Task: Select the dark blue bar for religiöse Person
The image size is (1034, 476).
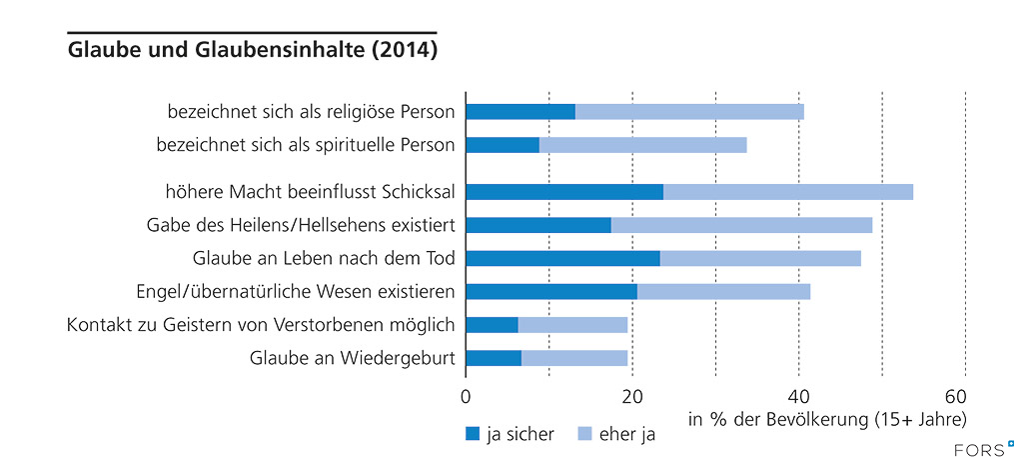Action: click(520, 111)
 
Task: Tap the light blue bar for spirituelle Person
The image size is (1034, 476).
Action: click(642, 145)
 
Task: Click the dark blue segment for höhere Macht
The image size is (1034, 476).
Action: click(564, 192)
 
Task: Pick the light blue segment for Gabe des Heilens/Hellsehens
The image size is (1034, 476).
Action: click(741, 225)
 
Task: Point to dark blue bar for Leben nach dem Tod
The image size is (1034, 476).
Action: click(562, 258)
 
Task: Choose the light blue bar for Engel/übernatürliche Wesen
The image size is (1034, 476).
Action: click(723, 291)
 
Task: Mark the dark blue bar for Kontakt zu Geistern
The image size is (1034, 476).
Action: click(492, 325)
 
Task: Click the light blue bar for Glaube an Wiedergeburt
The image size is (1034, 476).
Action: click(574, 358)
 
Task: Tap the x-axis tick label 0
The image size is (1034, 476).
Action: click(466, 395)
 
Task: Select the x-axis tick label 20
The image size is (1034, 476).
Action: click(631, 395)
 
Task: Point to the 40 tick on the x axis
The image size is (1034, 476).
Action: click(798, 395)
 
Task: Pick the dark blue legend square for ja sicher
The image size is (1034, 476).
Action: click(473, 434)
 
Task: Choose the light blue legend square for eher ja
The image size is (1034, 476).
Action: click(584, 434)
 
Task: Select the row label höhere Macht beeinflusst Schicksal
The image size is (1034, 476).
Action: click(311, 192)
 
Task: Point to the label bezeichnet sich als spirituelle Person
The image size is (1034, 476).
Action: click(306, 145)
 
